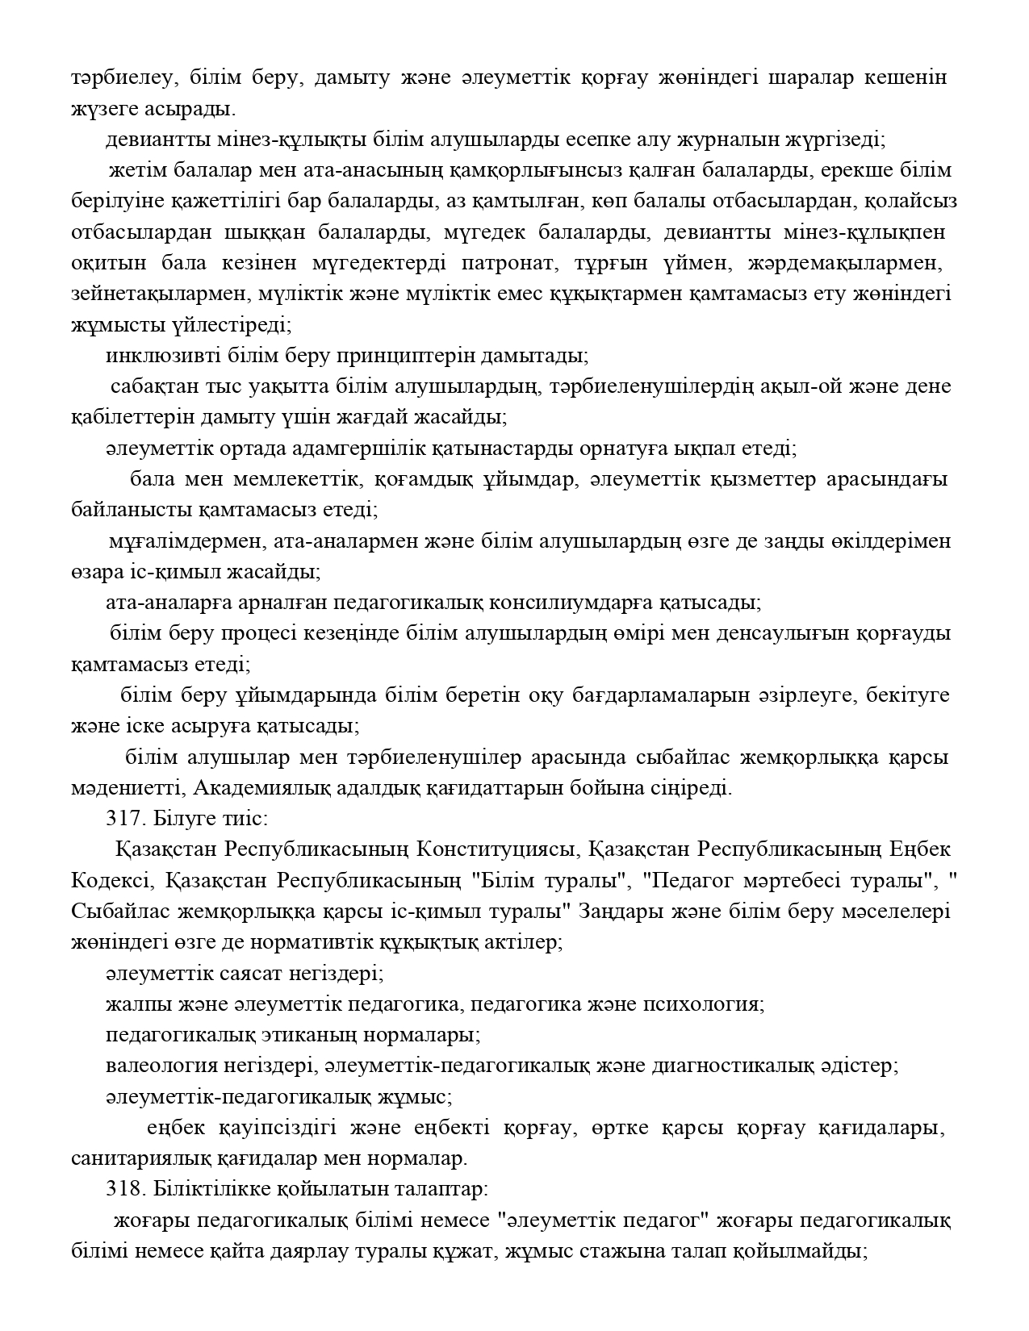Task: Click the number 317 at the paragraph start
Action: coord(121,818)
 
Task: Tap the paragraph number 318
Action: coord(121,1189)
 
